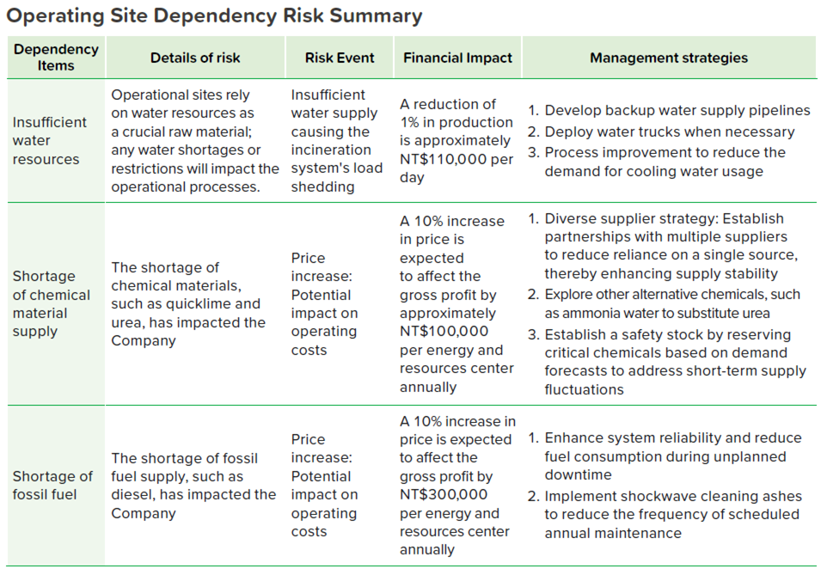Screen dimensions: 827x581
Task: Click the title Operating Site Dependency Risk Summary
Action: [214, 15]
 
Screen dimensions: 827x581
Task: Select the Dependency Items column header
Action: [56, 58]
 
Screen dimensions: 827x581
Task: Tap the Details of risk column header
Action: [195, 58]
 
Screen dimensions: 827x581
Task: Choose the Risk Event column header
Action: [340, 58]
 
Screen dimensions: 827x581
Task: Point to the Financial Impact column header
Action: [458, 58]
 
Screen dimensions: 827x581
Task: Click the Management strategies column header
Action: [669, 58]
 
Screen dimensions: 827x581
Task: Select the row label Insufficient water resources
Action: [49, 141]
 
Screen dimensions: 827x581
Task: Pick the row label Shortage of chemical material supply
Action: [52, 303]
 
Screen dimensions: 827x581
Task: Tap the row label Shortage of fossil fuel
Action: [52, 486]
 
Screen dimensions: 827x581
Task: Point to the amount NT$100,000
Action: [444, 331]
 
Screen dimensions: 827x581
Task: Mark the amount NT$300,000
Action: [444, 494]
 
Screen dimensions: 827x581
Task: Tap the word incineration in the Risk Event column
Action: [331, 150]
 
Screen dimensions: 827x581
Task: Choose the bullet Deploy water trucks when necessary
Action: [661, 131]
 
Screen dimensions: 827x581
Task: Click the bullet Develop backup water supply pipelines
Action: [669, 111]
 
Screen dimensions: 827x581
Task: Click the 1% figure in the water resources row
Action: [409, 122]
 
